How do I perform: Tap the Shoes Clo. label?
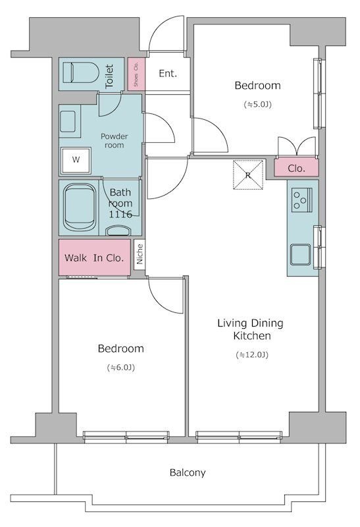click(x=136, y=74)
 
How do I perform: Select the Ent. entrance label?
click(x=168, y=73)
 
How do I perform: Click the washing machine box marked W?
click(x=76, y=159)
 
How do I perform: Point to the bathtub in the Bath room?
click(x=80, y=207)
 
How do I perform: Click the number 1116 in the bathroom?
click(x=120, y=214)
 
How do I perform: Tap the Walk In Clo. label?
click(x=94, y=258)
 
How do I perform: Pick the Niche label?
click(x=140, y=254)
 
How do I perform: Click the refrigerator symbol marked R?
click(x=248, y=175)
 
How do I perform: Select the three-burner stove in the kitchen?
click(x=302, y=200)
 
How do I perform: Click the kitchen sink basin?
click(x=301, y=254)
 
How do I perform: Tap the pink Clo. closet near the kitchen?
click(x=296, y=168)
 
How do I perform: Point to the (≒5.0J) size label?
click(x=257, y=105)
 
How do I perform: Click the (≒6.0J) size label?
click(x=121, y=368)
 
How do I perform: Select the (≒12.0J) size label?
click(x=252, y=355)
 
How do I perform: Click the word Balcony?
click(x=188, y=473)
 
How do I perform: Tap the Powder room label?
click(x=114, y=141)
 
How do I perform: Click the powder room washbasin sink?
click(x=68, y=121)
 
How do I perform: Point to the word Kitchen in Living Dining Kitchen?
click(x=252, y=336)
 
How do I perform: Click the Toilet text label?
click(x=109, y=76)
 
